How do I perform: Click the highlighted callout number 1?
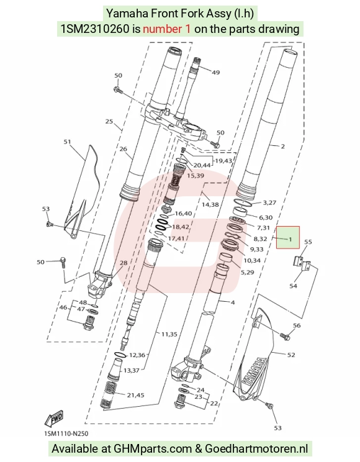[x=290, y=239]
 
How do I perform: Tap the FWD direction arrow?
[x=54, y=419]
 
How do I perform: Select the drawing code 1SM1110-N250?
[x=66, y=433]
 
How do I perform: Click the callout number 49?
[x=215, y=72]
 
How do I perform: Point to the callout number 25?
[x=109, y=121]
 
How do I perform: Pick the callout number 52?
[x=290, y=355]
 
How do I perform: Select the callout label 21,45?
[x=135, y=395]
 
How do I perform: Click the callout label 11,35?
[x=169, y=334]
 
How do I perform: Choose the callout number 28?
[x=124, y=263]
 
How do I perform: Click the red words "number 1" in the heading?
[x=167, y=29]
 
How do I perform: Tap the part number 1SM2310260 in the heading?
[x=95, y=29]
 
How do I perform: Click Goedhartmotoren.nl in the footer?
[x=256, y=448]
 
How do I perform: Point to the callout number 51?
[x=68, y=142]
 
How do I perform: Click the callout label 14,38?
[x=210, y=204]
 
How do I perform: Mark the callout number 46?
[x=63, y=307]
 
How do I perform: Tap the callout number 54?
[x=293, y=286]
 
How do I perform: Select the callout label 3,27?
[x=269, y=202]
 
